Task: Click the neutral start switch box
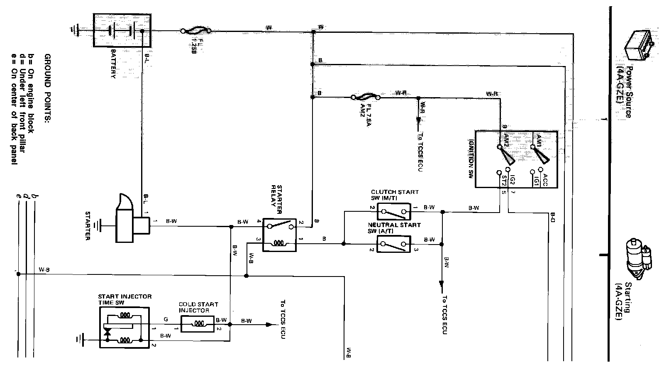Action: point(394,244)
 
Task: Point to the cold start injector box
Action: point(198,323)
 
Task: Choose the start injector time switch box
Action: point(124,327)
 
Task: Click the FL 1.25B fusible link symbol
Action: point(196,31)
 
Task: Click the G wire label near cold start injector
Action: point(166,320)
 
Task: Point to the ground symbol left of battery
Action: point(75,30)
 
